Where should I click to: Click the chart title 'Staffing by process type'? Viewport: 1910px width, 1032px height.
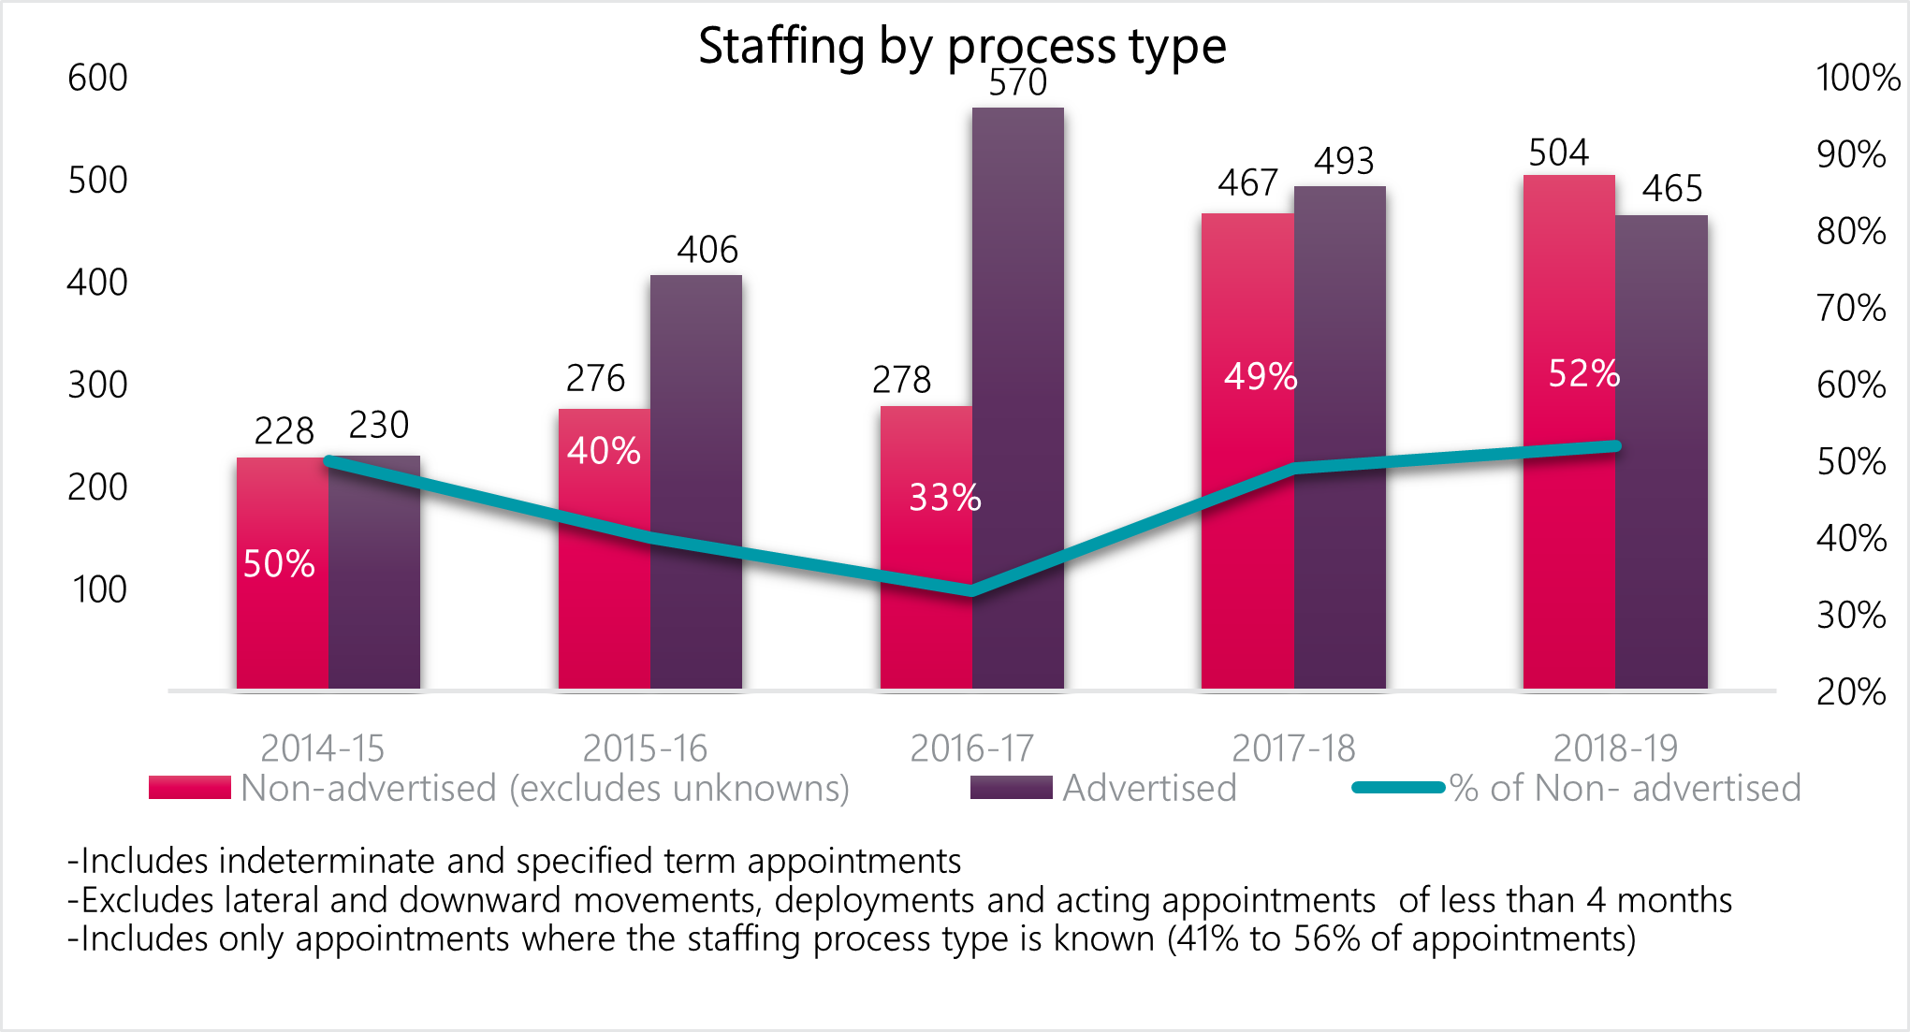tap(962, 46)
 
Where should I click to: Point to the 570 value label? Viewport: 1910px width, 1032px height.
tap(1018, 83)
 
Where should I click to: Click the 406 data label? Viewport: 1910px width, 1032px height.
tap(707, 250)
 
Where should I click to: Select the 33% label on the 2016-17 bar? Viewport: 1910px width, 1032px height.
tap(945, 498)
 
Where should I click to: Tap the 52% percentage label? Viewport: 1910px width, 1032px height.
tap(1583, 373)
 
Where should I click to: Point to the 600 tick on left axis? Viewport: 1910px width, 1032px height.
tap(97, 78)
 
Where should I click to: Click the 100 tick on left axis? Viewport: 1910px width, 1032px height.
tap(99, 589)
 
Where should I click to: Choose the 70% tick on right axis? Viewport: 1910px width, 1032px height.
tap(1851, 308)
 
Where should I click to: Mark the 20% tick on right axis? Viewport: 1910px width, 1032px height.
tap(1851, 692)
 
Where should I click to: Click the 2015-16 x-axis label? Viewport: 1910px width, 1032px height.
tap(645, 749)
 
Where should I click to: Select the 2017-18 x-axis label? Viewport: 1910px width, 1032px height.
tap(1293, 749)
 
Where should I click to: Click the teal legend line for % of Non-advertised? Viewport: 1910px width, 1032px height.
tap(1398, 788)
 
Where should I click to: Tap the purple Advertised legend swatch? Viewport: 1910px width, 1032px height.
tap(1011, 788)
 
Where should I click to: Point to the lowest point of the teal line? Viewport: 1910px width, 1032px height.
tap(971, 590)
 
